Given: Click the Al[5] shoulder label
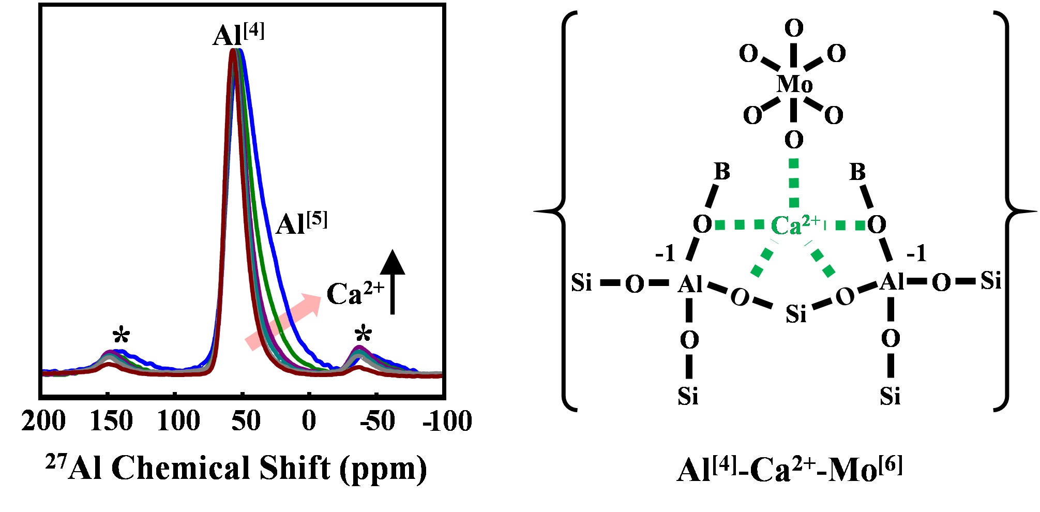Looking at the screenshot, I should tap(302, 223).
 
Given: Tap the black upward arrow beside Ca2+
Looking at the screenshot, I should tap(393, 281).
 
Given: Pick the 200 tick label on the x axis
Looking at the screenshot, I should tap(43, 421).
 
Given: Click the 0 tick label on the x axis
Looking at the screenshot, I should tap(309, 421).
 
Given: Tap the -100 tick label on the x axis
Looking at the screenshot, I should tap(447, 421).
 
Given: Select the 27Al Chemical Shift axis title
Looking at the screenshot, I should tap(236, 468).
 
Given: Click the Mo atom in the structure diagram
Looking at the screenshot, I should tap(794, 84).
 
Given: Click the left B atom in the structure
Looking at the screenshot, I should tap(722, 171).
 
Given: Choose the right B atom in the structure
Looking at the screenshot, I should tap(857, 171).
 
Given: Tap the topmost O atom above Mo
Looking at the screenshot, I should tap(794, 28).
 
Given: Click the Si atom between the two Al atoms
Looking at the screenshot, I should tap(796, 313).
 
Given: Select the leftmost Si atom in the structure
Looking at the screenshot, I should tap(581, 282).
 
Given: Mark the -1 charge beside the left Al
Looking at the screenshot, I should tap(665, 253).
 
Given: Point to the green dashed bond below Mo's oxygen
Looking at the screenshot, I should tap(794, 184).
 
